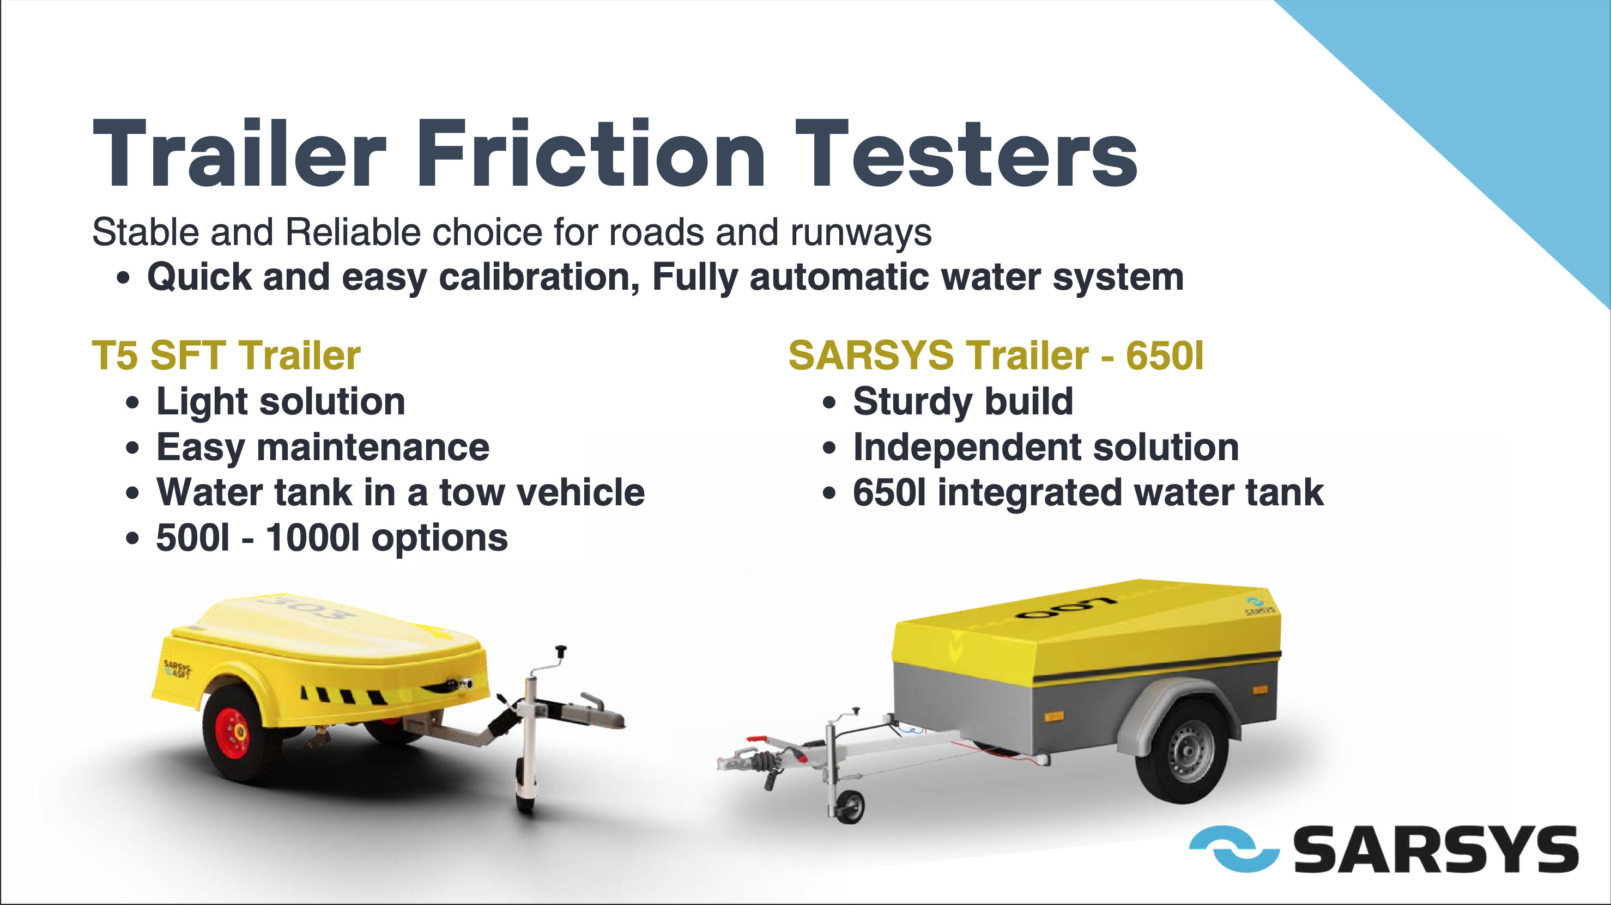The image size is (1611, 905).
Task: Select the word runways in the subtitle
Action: coord(861,233)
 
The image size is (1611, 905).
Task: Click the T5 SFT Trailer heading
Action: coord(226,355)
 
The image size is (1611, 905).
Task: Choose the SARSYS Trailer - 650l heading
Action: coord(996,355)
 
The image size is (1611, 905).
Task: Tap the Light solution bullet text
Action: coord(281,401)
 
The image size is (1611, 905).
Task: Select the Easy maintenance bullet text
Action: coord(323,448)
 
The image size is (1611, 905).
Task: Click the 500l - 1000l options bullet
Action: coord(332,538)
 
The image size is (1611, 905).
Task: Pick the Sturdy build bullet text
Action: coord(963,401)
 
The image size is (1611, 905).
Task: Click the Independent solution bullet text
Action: coord(1046,448)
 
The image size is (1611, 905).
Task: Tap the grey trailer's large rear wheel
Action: coord(1183,752)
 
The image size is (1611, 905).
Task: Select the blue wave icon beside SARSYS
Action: coord(1233,849)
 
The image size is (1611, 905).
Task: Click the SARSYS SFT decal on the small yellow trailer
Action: coord(178,669)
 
